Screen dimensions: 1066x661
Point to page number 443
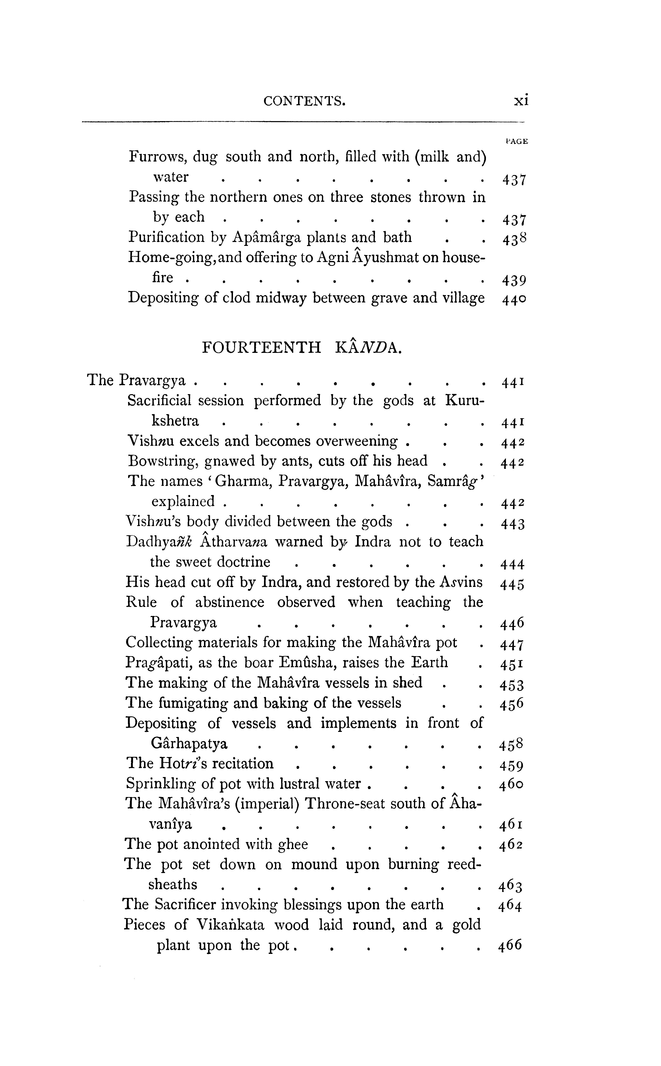(x=512, y=524)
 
